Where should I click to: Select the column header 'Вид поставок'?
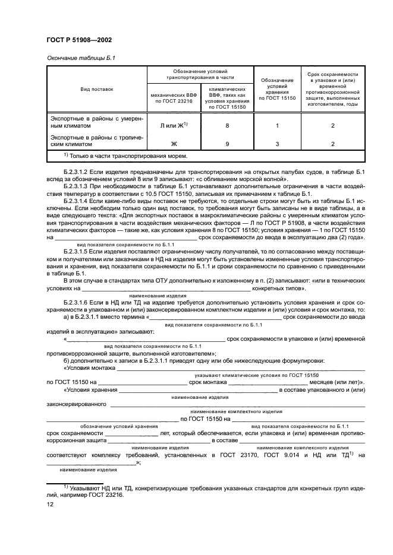tap(97, 89)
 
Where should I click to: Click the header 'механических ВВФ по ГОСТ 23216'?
tap(174, 97)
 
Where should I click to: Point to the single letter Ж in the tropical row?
tap(174, 144)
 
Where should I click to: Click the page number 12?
tap(50, 505)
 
